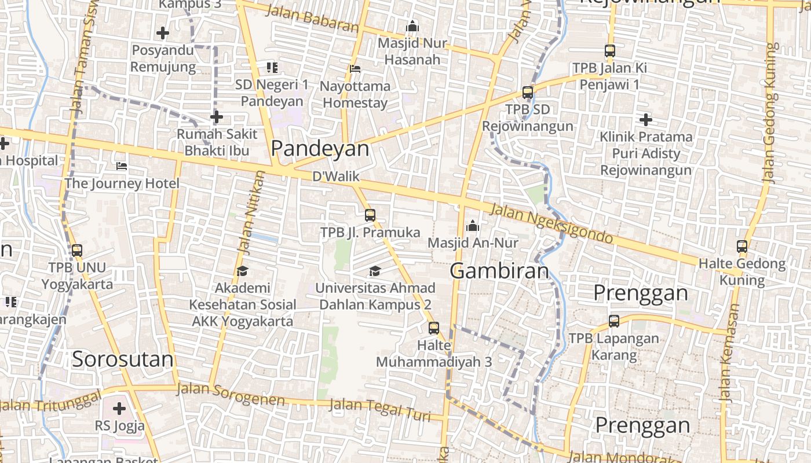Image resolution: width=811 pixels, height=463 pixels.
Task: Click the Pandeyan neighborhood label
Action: [x=320, y=149]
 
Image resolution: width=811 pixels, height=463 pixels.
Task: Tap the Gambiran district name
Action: [x=499, y=271]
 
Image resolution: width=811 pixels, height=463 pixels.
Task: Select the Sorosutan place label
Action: [x=123, y=359]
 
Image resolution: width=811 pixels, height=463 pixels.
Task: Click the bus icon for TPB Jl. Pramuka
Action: [x=370, y=215]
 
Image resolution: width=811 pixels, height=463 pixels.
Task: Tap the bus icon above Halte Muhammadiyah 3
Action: [x=433, y=328]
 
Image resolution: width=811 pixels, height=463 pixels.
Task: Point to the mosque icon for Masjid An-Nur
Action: [x=473, y=225]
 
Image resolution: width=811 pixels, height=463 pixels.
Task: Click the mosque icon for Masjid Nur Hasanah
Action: [x=412, y=26]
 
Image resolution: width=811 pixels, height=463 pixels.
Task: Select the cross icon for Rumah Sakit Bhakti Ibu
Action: [x=217, y=117]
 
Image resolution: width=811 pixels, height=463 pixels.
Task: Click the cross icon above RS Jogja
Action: [x=119, y=409]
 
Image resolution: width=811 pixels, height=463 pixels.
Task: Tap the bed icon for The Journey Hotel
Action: [x=122, y=166]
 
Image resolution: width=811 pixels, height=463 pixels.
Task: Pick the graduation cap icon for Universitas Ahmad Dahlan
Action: [x=375, y=271]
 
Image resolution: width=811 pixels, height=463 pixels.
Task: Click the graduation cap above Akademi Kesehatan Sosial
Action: [x=242, y=271]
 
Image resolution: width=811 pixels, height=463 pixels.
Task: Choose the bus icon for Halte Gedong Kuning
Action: [x=742, y=247]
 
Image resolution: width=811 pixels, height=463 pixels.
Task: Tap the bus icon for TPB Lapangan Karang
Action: [x=614, y=321]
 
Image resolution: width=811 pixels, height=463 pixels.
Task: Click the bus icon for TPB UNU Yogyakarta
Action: [x=76, y=251]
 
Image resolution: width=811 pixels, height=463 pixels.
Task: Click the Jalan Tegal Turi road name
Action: [x=379, y=409]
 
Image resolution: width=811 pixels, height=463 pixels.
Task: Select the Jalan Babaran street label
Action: [x=312, y=18]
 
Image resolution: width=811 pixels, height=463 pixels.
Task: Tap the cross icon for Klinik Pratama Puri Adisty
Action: [x=646, y=120]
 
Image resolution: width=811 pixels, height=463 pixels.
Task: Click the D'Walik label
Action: [x=336, y=177]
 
